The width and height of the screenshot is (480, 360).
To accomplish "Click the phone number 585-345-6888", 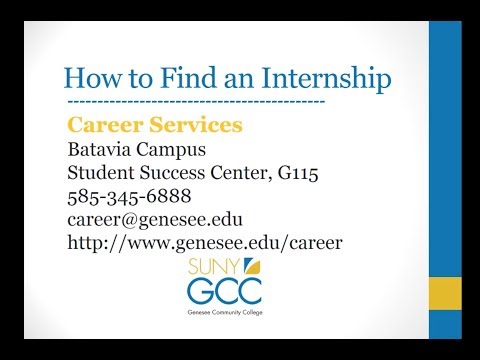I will (129, 196).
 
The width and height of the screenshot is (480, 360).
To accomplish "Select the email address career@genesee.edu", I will (155, 219).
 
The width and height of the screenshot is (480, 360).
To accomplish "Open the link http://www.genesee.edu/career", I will (204, 242).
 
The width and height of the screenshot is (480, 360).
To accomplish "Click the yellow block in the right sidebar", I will (444, 296).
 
